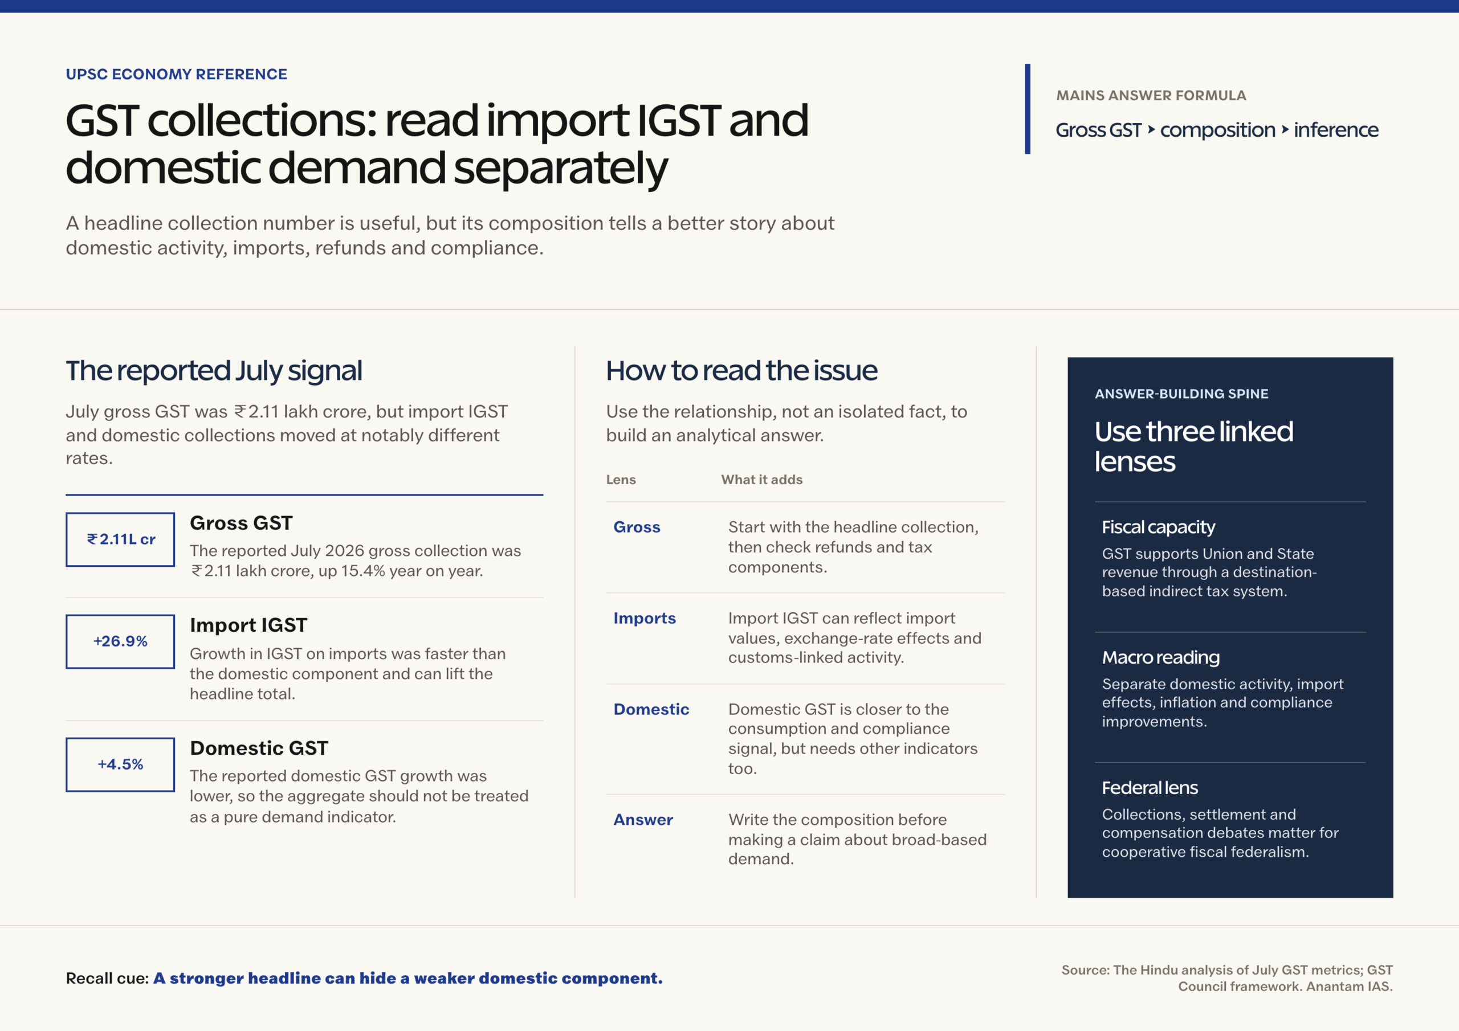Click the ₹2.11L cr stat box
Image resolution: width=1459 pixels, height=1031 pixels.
pos(120,539)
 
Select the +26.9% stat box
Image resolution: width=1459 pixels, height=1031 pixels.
pos(120,641)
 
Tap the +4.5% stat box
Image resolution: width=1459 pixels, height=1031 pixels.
pos(120,764)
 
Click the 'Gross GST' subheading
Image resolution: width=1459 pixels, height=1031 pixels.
pos(242,523)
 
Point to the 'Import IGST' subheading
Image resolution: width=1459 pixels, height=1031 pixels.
pos(248,625)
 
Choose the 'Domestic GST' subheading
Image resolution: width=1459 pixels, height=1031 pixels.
pos(259,748)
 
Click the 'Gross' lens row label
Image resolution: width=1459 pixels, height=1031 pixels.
pos(637,527)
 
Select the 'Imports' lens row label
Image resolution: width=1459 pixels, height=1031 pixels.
pos(645,618)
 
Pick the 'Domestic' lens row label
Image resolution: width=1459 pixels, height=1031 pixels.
pos(651,709)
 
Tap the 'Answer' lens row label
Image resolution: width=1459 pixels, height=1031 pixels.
pos(643,820)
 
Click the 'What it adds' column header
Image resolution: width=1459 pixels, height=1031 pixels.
pos(762,480)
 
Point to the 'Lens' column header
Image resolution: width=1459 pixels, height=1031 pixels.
pos(621,480)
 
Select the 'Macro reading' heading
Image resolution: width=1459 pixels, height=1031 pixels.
pos(1161,657)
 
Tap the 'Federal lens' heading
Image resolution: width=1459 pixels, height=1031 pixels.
pos(1150,788)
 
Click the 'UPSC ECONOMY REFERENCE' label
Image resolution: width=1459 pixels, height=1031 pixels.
pos(177,74)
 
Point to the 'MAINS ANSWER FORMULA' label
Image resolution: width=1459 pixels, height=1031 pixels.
pos(1151,95)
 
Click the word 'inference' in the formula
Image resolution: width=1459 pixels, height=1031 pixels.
pos(1336,130)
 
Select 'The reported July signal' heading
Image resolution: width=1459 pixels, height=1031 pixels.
pos(214,371)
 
